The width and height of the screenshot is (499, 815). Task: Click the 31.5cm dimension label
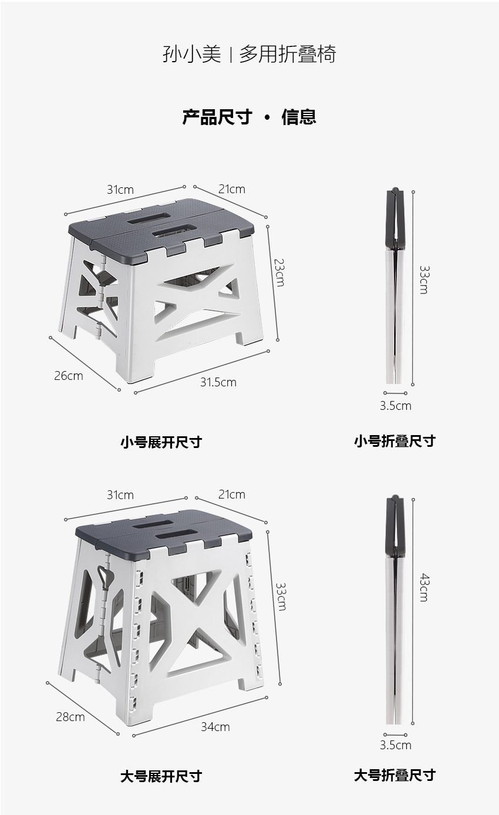click(218, 382)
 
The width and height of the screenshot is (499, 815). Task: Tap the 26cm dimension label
click(68, 375)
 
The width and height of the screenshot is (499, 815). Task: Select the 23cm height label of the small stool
click(279, 272)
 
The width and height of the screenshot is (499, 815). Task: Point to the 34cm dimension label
click(215, 726)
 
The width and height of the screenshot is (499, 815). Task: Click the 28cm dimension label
click(70, 717)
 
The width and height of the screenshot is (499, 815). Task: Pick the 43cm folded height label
click(424, 588)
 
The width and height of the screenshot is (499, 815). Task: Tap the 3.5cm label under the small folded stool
click(396, 406)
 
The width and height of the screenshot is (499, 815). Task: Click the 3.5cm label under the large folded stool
click(396, 745)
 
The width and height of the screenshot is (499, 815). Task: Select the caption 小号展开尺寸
click(161, 442)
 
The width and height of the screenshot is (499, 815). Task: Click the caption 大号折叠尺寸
click(395, 775)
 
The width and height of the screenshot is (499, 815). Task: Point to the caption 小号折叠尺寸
click(395, 441)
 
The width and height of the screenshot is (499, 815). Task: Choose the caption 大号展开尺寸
click(161, 776)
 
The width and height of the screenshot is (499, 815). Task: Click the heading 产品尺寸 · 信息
click(249, 117)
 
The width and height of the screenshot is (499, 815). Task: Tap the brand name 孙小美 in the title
click(191, 54)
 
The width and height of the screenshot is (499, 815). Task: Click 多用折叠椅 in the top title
click(287, 54)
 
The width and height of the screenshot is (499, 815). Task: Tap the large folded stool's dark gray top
click(395, 525)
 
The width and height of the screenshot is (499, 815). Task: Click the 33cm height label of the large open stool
click(281, 597)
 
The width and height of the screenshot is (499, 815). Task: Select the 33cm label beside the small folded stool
click(424, 280)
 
